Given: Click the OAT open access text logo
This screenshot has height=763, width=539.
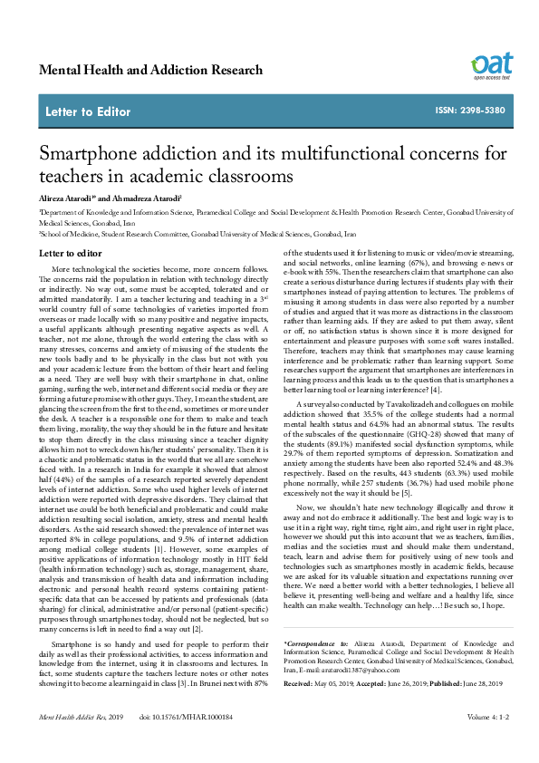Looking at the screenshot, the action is click(x=489, y=66).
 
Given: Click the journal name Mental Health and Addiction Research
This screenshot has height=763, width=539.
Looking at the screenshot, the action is click(x=151, y=70).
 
